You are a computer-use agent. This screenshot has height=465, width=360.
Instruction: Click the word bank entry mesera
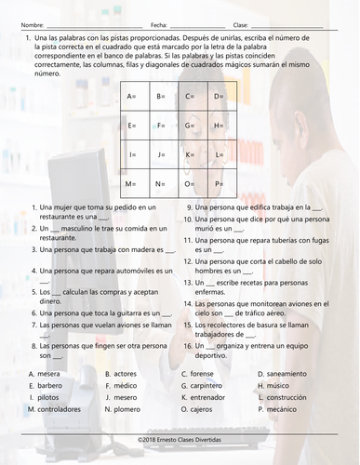(x=48, y=373)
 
